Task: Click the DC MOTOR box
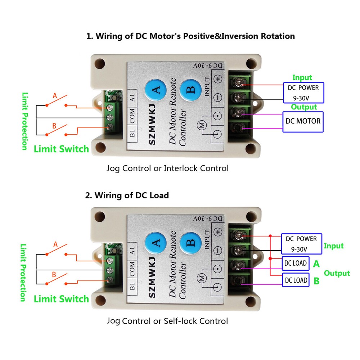[303, 121]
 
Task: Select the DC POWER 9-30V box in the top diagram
[303, 93]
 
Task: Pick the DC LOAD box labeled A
[296, 263]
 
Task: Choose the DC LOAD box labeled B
[296, 280]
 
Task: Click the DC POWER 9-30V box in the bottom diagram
[301, 244]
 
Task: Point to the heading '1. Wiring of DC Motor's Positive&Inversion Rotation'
[190, 36]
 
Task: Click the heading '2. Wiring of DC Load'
[127, 195]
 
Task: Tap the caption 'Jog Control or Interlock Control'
[167, 168]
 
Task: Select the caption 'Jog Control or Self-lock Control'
[167, 321]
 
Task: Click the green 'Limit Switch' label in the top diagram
[61, 149]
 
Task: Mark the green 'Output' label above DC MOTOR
[304, 107]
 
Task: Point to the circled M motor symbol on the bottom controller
[202, 279]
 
